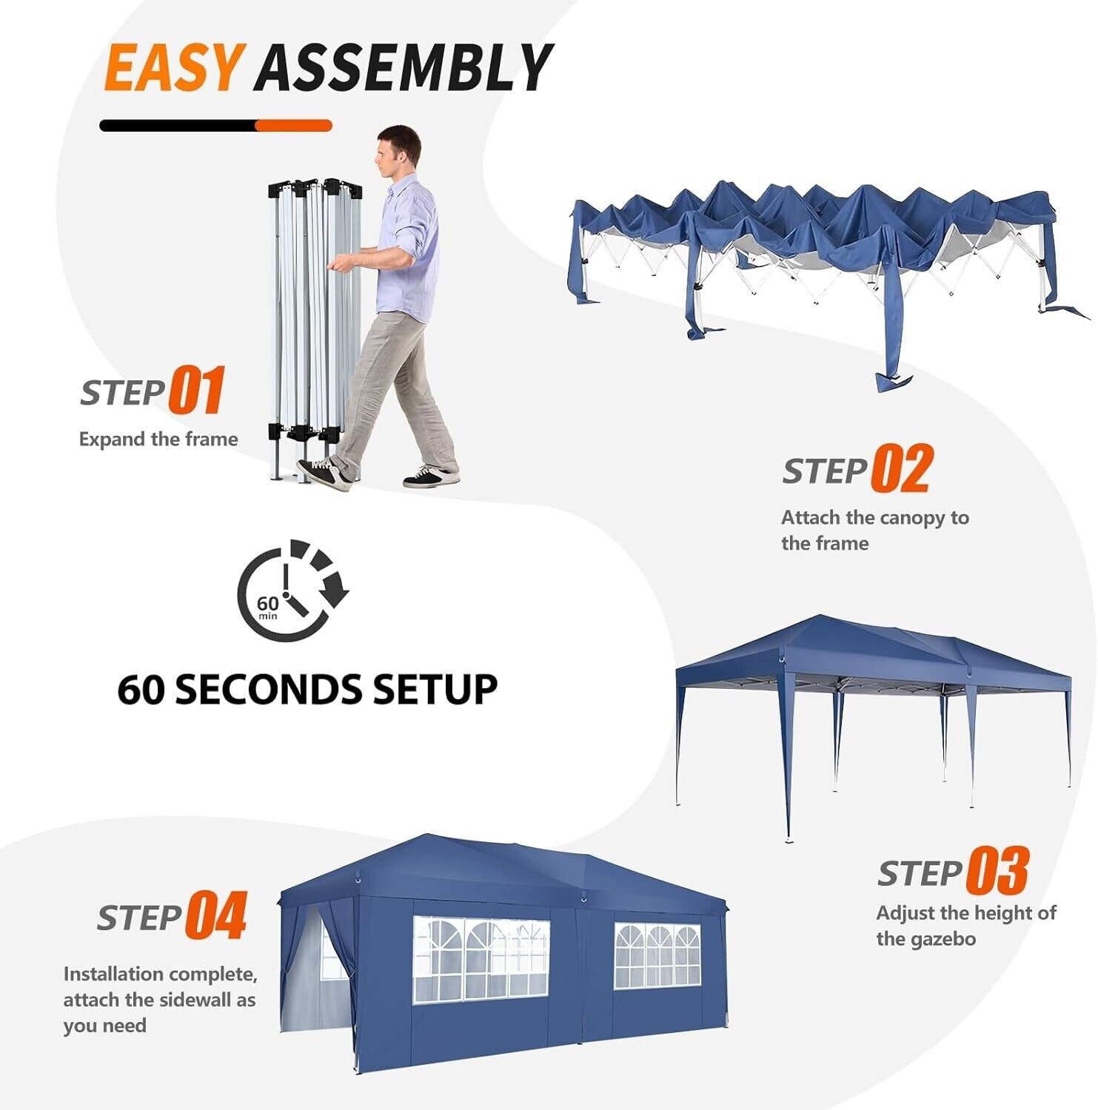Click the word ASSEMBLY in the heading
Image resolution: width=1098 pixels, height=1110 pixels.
tap(404, 67)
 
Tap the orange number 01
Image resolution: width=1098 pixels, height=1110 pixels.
tap(197, 390)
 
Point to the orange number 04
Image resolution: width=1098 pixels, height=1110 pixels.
tap(216, 915)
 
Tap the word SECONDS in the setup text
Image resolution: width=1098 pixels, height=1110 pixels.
tap(270, 689)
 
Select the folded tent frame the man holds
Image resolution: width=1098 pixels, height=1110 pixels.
tap(314, 326)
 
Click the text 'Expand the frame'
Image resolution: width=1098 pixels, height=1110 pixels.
tap(158, 439)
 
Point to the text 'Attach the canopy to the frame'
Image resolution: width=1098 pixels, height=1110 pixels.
tap(875, 530)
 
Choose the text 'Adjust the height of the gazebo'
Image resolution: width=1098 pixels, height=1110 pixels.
tap(966, 926)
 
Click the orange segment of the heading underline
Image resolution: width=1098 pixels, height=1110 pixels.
tap(293, 126)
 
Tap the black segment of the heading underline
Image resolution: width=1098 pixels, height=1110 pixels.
tap(178, 126)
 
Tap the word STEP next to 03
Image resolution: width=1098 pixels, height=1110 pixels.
tap(920, 873)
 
